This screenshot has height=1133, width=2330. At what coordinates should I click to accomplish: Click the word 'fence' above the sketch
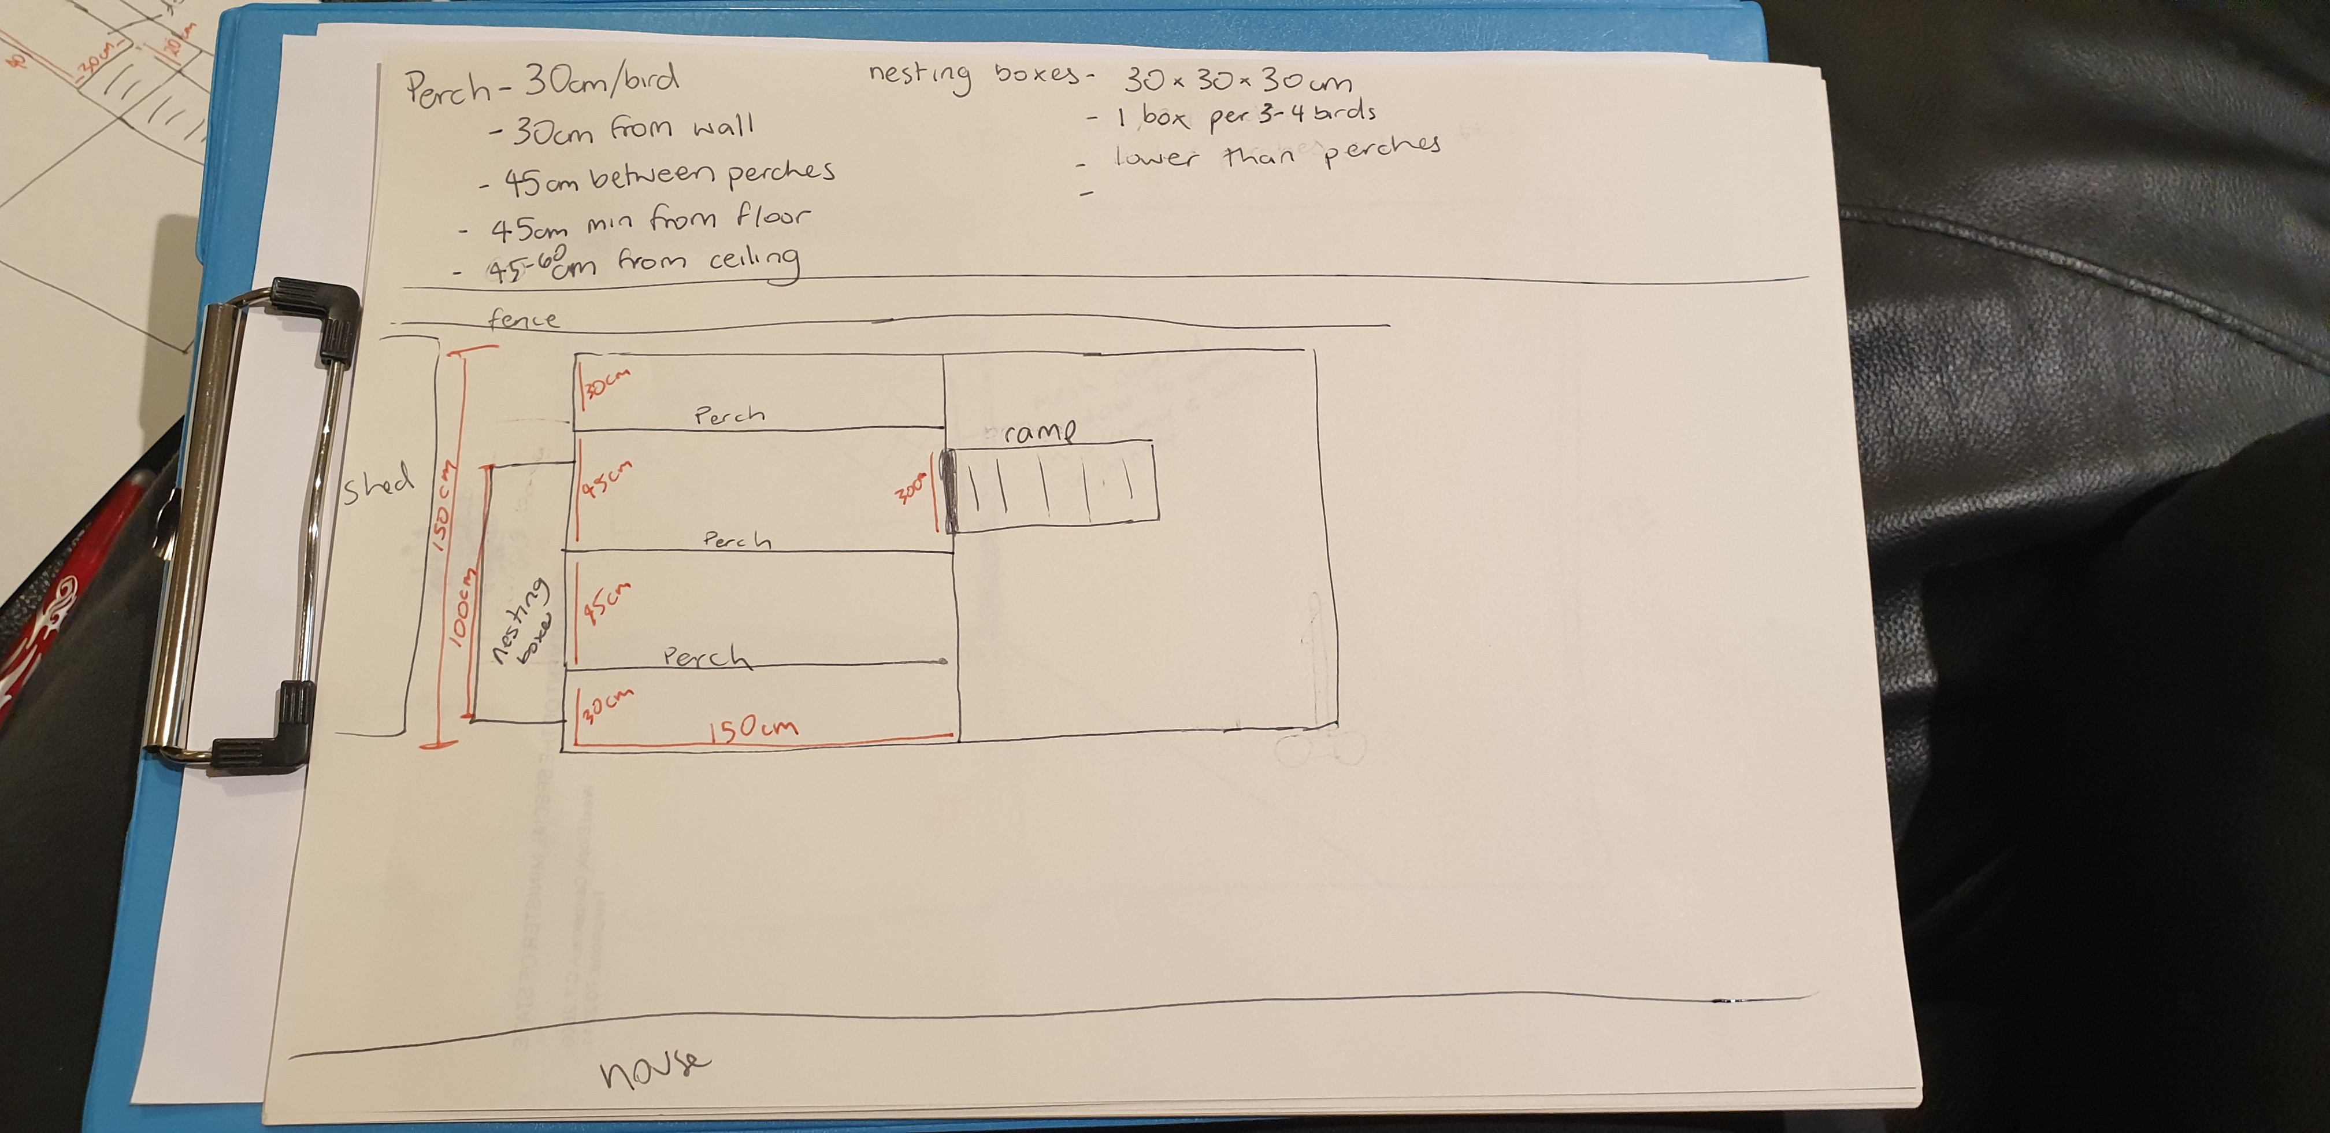524,319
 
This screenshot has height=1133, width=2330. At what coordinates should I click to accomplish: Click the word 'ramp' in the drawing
1040,432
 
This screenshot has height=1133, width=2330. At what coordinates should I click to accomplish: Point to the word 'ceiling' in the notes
754,261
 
